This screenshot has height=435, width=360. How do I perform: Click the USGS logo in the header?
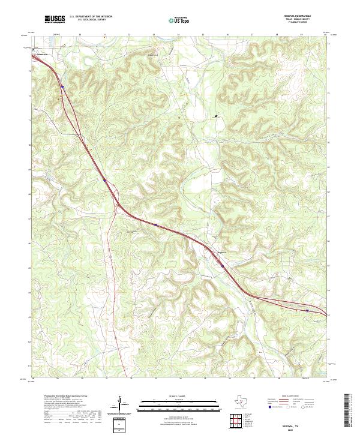pos(54,20)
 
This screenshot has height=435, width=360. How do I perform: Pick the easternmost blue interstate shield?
pos(307,310)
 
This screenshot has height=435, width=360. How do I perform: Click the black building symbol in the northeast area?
pos(216,116)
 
